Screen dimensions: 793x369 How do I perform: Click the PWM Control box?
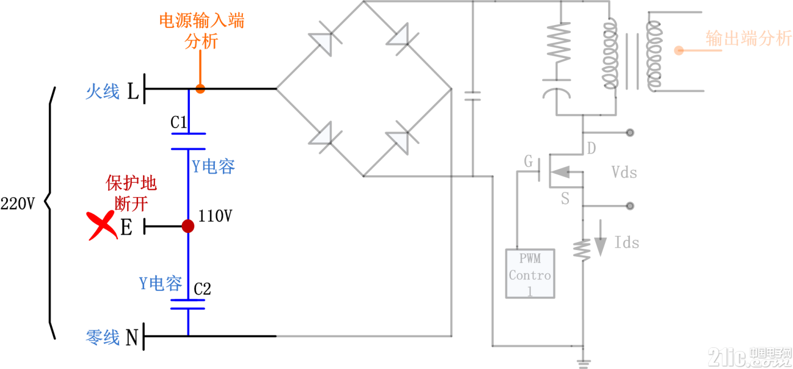530,273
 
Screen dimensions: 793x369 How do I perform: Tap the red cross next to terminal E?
102,225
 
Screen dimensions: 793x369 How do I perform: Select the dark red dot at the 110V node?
188,226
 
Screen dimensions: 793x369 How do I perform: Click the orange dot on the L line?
200,89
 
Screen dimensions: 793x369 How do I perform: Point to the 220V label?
18,204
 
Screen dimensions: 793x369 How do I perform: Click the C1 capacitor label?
178,122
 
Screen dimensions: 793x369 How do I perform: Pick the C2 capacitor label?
202,289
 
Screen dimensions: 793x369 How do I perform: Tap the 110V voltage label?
215,216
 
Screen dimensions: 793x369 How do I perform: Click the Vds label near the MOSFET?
624,173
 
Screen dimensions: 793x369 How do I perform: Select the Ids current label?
627,243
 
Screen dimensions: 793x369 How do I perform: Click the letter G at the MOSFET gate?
528,161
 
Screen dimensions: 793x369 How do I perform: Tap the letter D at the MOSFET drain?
591,149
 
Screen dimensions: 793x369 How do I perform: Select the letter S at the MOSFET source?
565,199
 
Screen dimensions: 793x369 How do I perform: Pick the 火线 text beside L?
103,92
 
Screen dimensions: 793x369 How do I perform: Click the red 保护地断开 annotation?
131,194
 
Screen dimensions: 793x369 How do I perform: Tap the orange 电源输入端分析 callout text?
201,31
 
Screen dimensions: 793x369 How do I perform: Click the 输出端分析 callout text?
749,38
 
